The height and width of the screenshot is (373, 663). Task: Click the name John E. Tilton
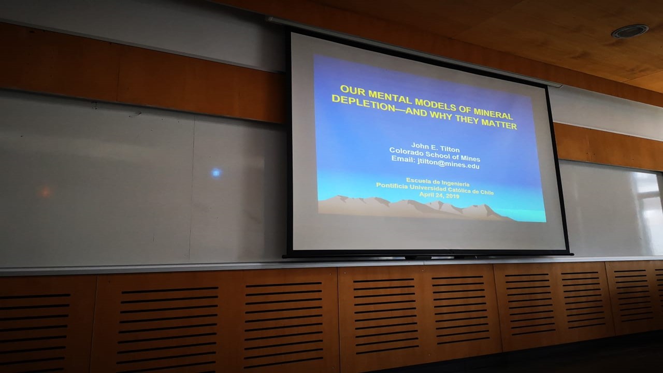coord(436,147)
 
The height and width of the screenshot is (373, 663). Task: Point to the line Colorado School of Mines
coord(435,154)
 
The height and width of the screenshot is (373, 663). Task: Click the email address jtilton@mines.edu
coord(449,163)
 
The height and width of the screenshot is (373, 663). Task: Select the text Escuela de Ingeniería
coord(438,182)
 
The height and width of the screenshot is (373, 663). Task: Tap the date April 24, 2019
coord(439,195)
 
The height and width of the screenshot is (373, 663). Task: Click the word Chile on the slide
coord(487,192)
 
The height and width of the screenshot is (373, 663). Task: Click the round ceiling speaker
coord(630,31)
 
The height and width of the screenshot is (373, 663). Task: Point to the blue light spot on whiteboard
coord(217,173)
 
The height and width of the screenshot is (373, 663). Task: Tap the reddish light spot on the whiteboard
coord(45,192)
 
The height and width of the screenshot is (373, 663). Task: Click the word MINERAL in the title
coord(493,113)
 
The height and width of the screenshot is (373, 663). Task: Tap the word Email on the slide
coord(403,159)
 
